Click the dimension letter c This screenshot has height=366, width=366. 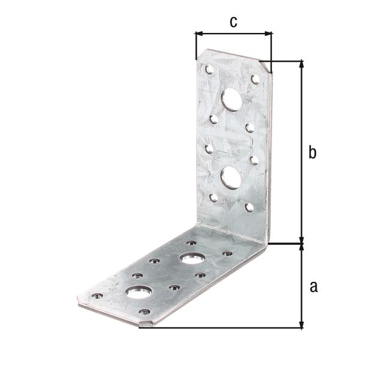[x=233, y=22]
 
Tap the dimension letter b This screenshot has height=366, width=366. [x=312, y=152]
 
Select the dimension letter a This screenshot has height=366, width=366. [x=313, y=286]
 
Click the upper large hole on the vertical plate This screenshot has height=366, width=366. [x=231, y=99]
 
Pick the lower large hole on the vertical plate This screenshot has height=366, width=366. [x=230, y=177]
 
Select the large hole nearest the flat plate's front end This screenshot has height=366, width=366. [x=138, y=291]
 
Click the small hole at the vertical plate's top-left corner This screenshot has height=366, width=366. [x=209, y=70]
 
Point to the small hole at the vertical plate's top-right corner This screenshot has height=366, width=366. [x=256, y=79]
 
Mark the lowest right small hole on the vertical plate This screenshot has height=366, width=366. [x=249, y=207]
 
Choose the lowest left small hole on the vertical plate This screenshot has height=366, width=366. [x=213, y=197]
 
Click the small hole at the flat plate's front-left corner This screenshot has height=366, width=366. [x=97, y=296]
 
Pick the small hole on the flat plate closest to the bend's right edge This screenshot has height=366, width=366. [x=228, y=253]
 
